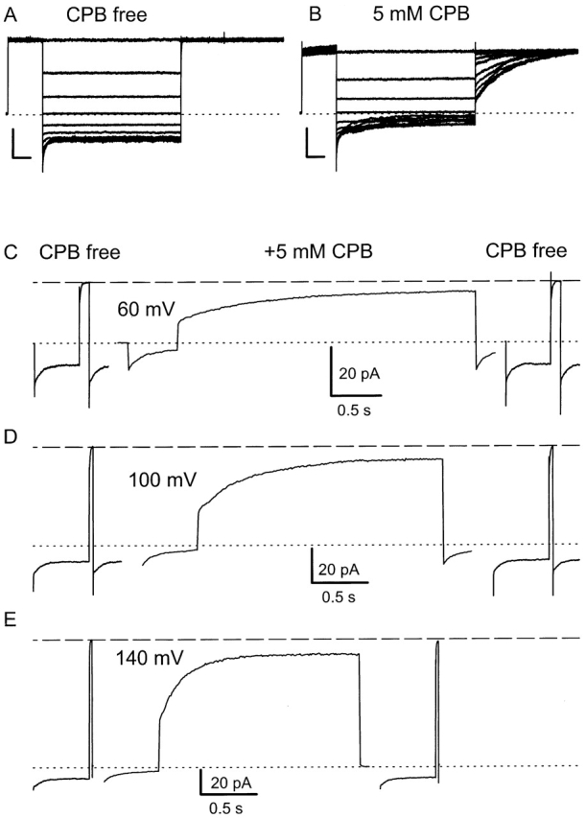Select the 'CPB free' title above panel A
click(107, 16)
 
